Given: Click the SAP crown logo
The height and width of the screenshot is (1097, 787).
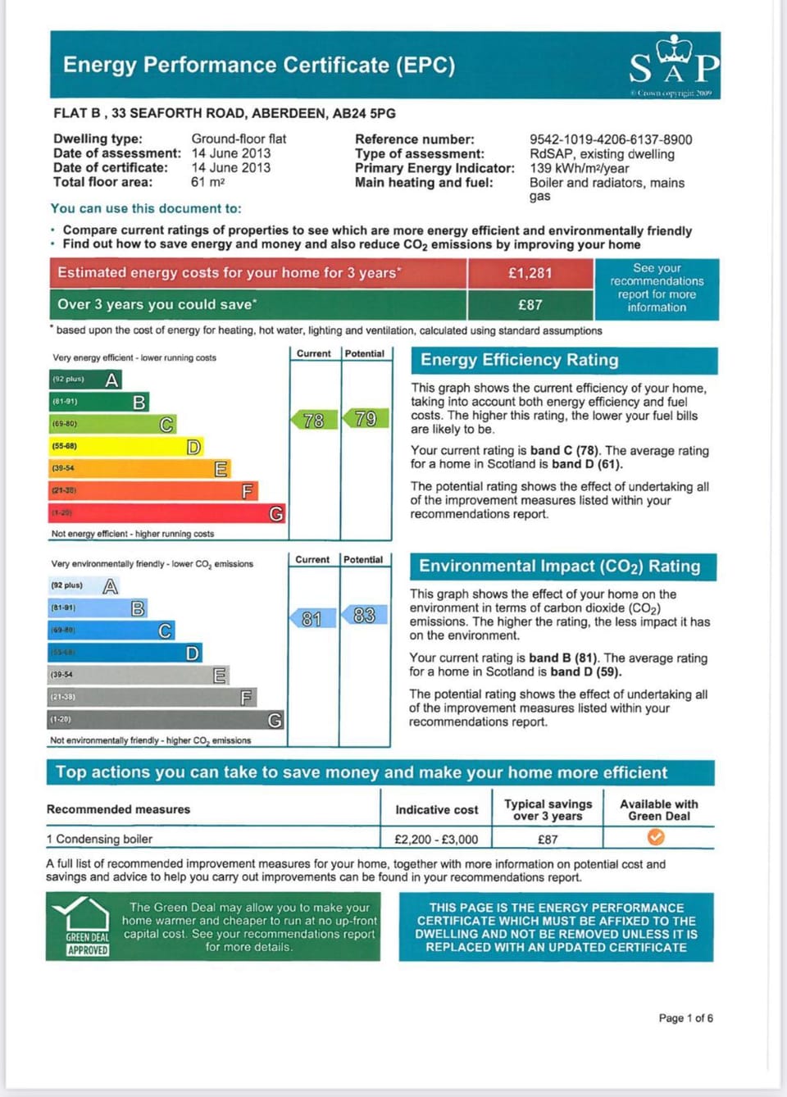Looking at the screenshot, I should point(674,62).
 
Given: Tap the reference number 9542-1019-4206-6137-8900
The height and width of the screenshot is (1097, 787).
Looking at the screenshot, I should point(611,139).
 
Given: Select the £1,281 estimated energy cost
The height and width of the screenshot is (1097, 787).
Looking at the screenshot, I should point(530,273).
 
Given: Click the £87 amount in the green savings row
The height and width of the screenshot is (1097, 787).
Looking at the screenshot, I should point(530,305).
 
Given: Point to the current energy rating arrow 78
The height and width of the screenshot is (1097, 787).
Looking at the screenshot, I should point(314,421).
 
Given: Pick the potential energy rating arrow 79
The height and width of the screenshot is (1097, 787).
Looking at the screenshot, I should point(366,419).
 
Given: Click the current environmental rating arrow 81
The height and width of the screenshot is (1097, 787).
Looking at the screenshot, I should point(312,618).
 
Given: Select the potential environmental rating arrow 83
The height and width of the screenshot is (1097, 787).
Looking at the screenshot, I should point(364,615).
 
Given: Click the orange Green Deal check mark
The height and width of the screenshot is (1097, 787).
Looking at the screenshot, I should point(656,837).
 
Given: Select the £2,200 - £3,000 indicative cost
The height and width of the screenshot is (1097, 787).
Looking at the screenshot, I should point(436,840).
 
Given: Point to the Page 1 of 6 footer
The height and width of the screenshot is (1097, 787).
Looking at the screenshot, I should point(685,1018).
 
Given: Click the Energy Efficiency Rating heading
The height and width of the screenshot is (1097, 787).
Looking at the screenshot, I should point(520,360).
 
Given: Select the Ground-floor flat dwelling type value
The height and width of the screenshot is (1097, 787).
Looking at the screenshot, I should point(239,139).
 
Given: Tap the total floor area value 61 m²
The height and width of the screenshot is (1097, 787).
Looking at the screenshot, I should point(207,182).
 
